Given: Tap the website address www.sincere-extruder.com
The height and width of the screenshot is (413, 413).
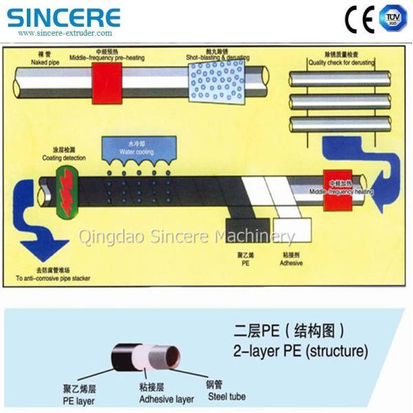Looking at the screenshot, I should pyautogui.click(x=65, y=32).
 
